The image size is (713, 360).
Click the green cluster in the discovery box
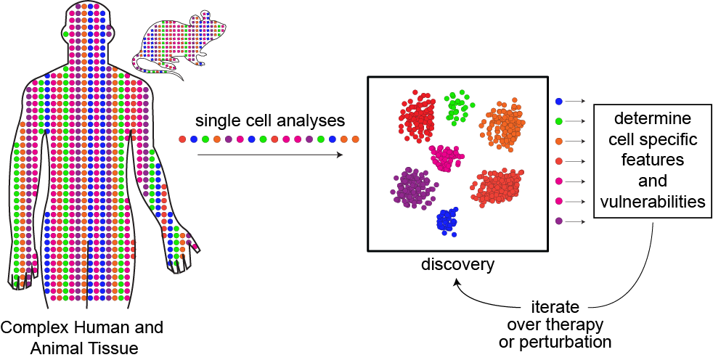(x=457, y=107)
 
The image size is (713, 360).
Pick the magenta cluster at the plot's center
(x=447, y=157)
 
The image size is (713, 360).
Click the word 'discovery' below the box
(x=457, y=264)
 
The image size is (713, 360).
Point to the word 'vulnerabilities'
(x=651, y=201)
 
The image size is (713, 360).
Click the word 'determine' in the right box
(x=651, y=117)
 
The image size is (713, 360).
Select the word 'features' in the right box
(x=651, y=159)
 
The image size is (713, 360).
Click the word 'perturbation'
(x=555, y=341)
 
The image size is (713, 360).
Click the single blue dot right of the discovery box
(x=558, y=101)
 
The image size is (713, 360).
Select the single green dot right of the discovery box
(x=558, y=121)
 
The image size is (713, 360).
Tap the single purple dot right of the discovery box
(x=558, y=221)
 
